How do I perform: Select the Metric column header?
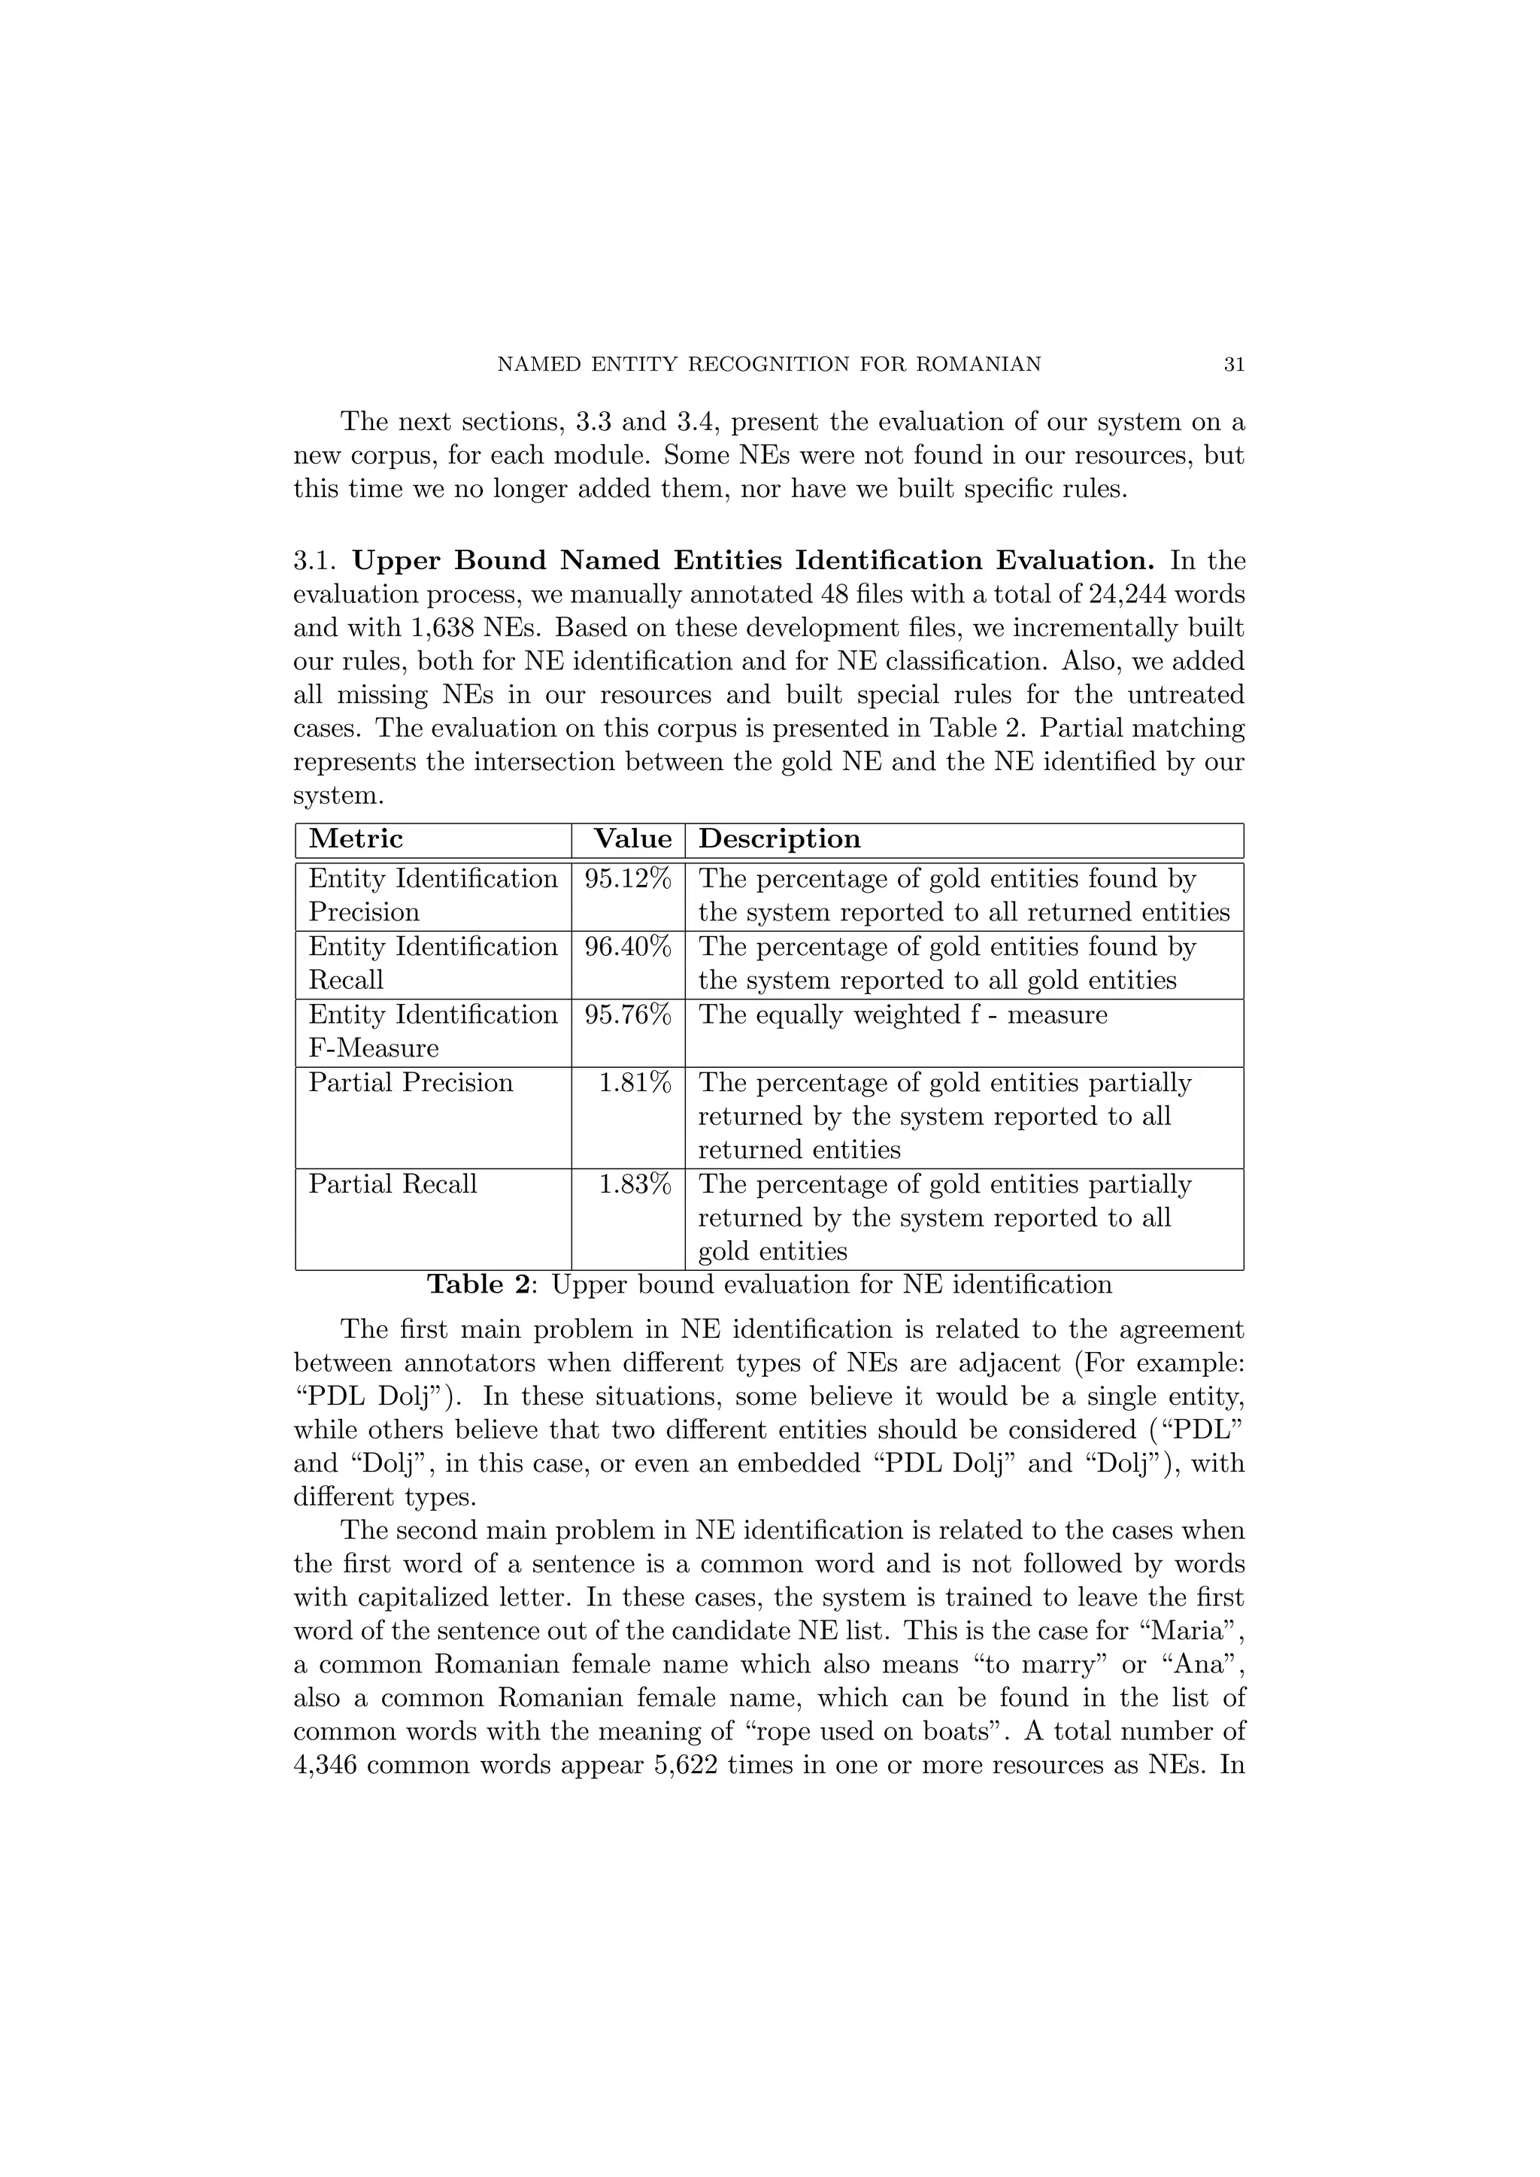356,839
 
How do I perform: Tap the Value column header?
632,839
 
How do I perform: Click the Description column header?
780,839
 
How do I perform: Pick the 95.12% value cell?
628,879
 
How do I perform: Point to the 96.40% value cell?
628,948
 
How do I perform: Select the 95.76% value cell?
628,1015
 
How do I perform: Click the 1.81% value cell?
635,1084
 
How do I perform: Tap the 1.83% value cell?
635,1185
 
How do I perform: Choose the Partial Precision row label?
411,1084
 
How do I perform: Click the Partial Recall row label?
393,1185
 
